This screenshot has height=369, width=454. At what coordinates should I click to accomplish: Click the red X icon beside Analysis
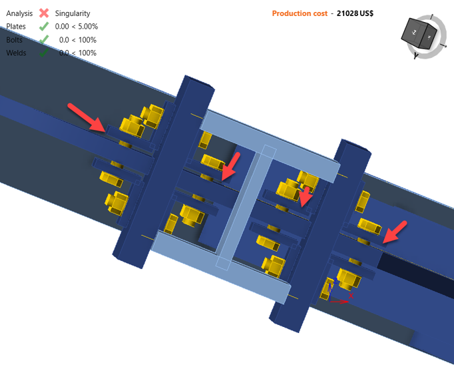(x=44, y=13)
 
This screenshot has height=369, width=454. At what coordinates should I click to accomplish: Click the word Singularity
(x=73, y=13)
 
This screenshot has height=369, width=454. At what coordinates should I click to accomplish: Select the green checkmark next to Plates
(x=44, y=27)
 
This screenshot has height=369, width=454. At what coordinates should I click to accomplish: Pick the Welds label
(x=17, y=53)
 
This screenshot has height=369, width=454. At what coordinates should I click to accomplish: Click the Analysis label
(x=20, y=13)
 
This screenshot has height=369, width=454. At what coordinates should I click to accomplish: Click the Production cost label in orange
(x=300, y=13)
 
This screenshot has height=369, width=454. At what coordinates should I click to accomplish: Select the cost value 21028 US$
(x=355, y=13)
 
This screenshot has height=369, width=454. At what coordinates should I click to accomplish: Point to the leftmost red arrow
(x=87, y=117)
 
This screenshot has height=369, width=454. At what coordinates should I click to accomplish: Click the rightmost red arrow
(x=395, y=232)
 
